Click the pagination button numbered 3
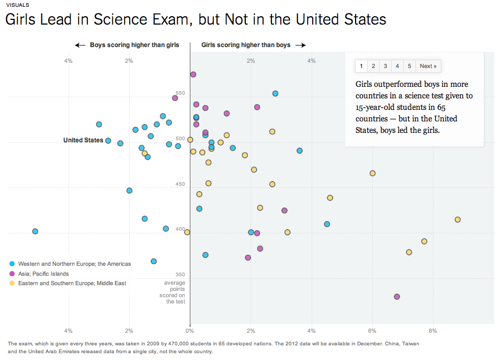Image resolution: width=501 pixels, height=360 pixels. [x=385, y=66]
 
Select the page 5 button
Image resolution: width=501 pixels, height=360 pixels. [x=409, y=66]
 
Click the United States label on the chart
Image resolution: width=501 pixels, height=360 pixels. [x=83, y=140]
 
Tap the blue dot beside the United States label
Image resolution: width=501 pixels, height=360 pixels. [x=108, y=141]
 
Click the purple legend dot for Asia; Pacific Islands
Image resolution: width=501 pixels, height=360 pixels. [x=12, y=274]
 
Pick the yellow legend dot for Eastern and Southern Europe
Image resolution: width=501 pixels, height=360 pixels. [x=12, y=283]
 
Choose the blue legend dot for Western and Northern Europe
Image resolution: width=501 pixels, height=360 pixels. [x=12, y=264]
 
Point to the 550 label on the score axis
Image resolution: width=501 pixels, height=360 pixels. [x=180, y=92]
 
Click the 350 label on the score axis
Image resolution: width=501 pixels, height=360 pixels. [x=180, y=275]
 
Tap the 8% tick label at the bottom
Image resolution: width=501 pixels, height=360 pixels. [x=432, y=331]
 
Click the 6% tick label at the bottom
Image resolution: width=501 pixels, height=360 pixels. [x=372, y=331]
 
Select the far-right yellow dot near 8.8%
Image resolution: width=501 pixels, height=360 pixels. [x=458, y=220]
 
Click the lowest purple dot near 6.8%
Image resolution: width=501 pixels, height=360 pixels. [x=397, y=297]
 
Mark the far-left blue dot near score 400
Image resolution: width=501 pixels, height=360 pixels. [x=35, y=231]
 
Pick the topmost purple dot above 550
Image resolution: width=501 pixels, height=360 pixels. [x=193, y=74]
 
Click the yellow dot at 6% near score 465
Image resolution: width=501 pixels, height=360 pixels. [x=372, y=173]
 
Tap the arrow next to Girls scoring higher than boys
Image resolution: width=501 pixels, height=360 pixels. [x=300, y=46]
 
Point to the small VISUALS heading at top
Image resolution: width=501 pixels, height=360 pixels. [x=14, y=4]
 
